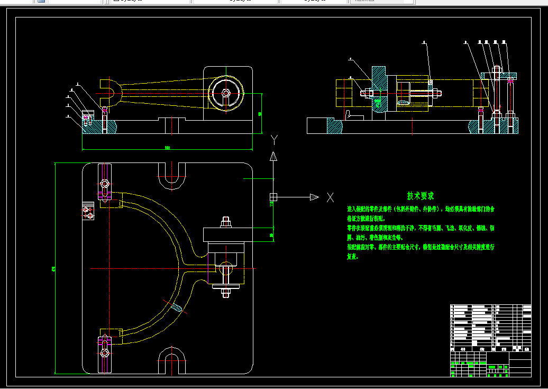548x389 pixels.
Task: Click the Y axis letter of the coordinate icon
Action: pos(274,139)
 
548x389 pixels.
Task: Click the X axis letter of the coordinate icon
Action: pos(331,197)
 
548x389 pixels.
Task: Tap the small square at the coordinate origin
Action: pos(273,197)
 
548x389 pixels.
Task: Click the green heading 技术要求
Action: pos(420,196)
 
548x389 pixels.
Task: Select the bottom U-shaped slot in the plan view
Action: pos(172,361)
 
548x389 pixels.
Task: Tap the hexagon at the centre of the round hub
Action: pos(226,93)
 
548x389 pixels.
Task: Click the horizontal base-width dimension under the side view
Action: pos(167,148)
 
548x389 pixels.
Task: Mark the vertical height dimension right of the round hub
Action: pos(260,113)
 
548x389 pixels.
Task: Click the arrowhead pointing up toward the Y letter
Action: pos(273,156)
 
